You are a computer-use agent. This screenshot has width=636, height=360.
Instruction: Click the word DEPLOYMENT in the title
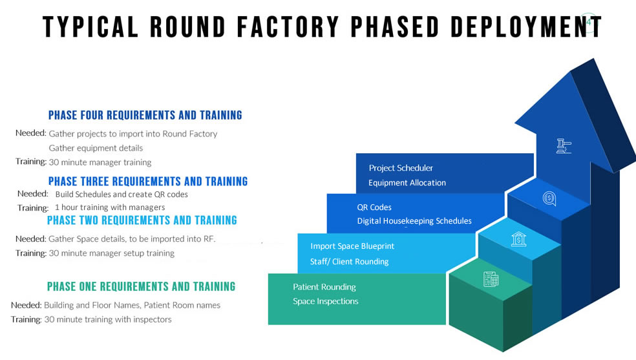[526, 26]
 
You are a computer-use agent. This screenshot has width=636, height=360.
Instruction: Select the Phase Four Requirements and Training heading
[145, 115]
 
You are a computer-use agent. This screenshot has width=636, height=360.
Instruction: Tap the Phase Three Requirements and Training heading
[148, 181]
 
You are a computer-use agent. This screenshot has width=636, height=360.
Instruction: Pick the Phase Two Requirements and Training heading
[142, 220]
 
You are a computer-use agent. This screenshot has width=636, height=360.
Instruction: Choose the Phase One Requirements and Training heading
[141, 286]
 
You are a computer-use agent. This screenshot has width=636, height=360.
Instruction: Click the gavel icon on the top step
[564, 146]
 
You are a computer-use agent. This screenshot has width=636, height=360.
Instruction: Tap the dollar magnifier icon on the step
[549, 198]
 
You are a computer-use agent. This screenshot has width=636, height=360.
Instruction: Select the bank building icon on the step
[519, 239]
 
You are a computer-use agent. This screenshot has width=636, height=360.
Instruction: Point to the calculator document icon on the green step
[491, 279]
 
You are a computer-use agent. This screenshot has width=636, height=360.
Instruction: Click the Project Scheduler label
[401, 168]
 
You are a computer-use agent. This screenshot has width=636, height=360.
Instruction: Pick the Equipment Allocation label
[407, 183]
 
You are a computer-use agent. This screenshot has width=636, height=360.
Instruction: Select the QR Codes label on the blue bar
[374, 207]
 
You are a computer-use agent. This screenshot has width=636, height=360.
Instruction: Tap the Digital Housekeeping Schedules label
[414, 221]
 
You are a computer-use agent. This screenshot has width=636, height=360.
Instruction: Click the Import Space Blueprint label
[352, 246]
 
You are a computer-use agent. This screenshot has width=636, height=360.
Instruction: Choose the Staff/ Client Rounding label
[349, 262]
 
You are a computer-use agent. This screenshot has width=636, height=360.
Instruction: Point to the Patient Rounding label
[324, 287]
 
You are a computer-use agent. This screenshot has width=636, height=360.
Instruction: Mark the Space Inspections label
[325, 301]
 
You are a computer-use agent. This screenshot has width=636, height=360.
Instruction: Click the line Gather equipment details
[96, 148]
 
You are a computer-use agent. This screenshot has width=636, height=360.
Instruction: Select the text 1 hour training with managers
[110, 207]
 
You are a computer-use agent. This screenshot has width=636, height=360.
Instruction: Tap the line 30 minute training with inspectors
[107, 319]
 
